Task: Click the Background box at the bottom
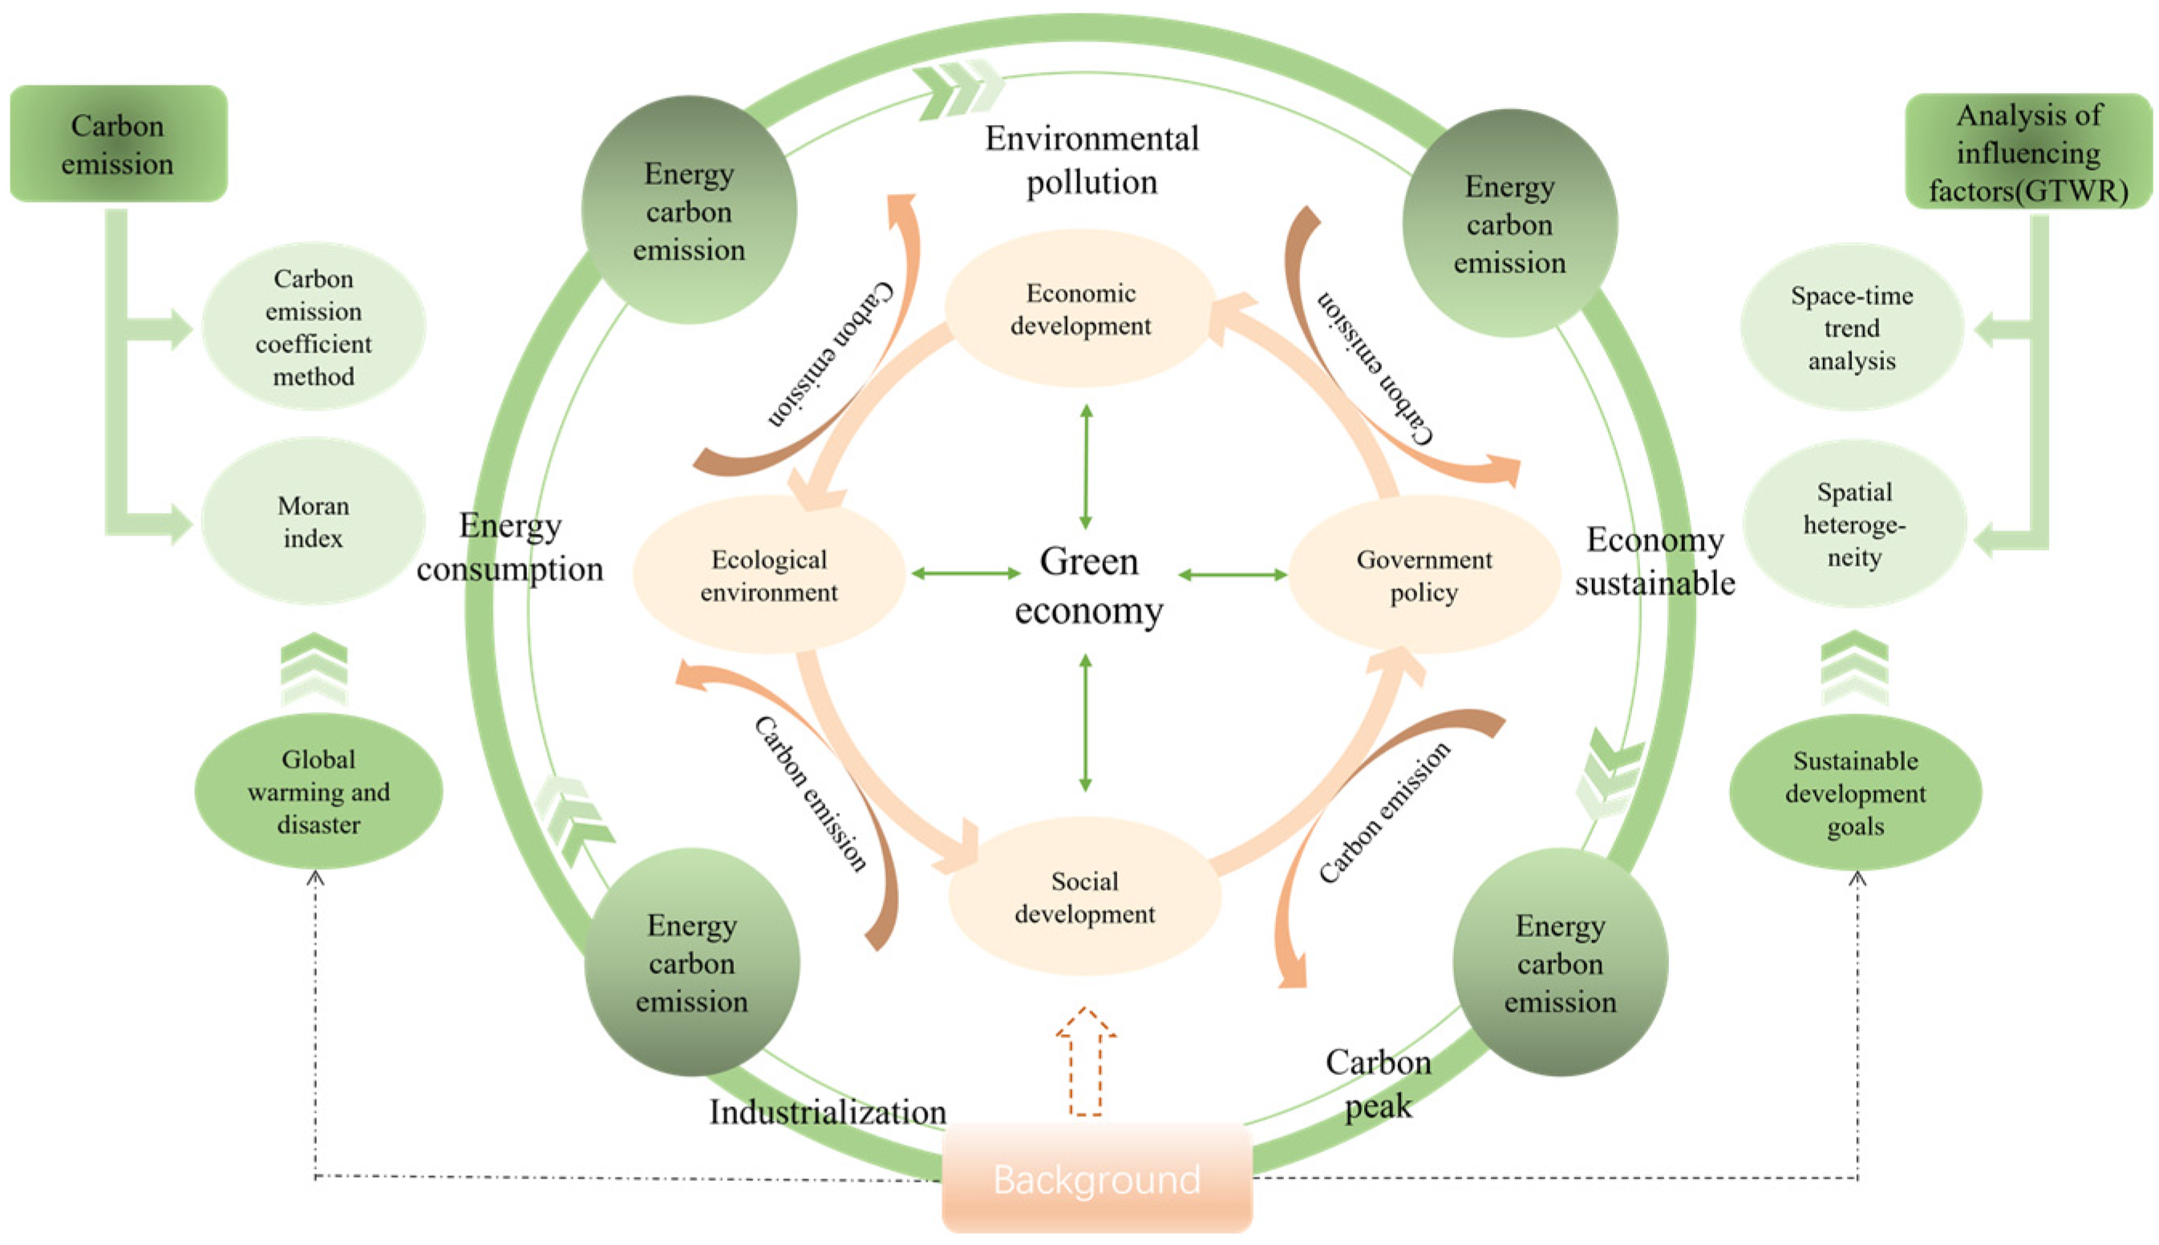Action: point(1096,1179)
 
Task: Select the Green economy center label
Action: point(1088,587)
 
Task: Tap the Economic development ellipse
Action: point(1080,309)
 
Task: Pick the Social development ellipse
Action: point(1084,897)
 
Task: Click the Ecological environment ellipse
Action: point(768,576)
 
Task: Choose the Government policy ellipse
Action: point(1424,576)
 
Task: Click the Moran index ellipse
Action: point(313,522)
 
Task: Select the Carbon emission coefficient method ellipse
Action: point(313,326)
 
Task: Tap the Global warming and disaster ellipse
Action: point(318,792)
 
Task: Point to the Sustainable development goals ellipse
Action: point(1854,793)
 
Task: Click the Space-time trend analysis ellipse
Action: point(1851,328)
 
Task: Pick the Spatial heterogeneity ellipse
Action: point(1853,524)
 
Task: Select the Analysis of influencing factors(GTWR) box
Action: point(2028,152)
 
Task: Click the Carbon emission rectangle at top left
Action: point(118,143)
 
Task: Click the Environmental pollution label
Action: point(1092,160)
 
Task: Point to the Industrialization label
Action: point(827,1112)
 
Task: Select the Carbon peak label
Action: point(1378,1083)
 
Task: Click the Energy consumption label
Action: point(510,548)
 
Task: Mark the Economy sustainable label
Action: point(1655,561)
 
